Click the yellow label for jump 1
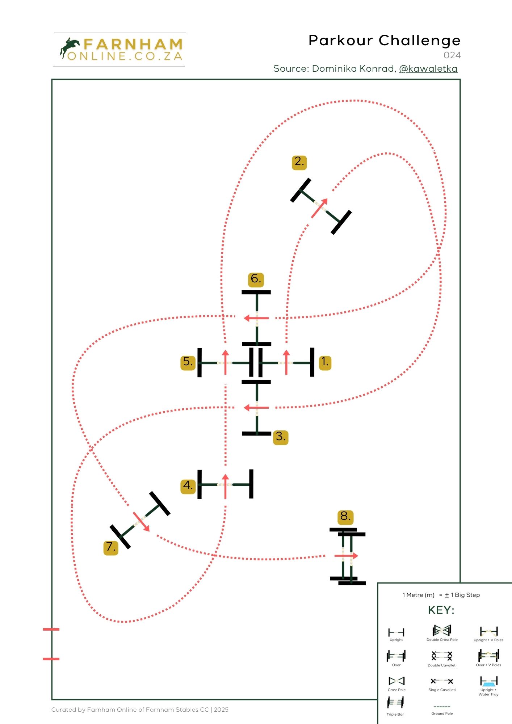point(325,362)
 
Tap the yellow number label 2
point(299,162)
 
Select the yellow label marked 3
point(281,437)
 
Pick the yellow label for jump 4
point(188,485)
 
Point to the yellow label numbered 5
point(188,362)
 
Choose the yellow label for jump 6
point(256,279)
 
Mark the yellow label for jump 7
point(111,547)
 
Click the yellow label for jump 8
point(345,517)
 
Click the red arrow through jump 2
point(320,208)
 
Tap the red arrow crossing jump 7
point(141,522)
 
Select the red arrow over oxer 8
point(346,556)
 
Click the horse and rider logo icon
point(70,48)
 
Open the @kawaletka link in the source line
point(428,69)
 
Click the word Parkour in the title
point(341,41)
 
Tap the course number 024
point(452,55)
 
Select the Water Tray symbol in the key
point(488,682)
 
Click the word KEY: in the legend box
point(441,610)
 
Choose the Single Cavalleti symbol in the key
point(442,681)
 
